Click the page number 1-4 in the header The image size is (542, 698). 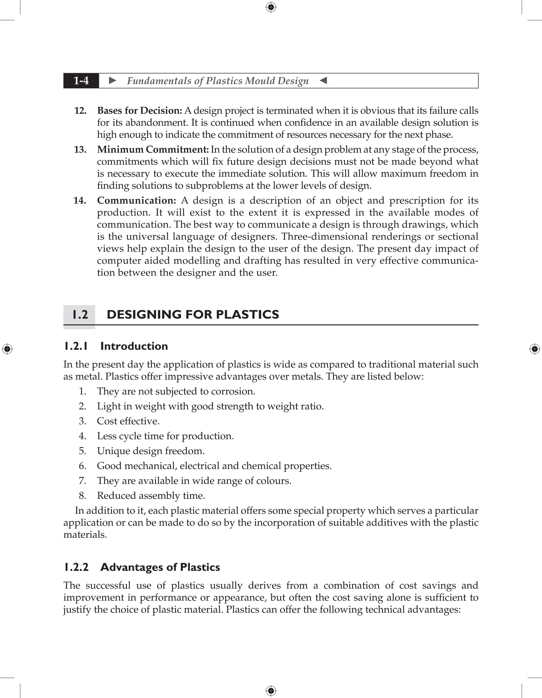tap(81, 80)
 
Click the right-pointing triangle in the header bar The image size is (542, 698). tap(112, 80)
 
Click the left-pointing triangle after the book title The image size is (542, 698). tap(323, 80)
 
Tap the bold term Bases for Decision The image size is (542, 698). tap(139, 111)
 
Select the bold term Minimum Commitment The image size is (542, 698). tap(153, 150)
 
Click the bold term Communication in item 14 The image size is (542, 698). tap(136, 200)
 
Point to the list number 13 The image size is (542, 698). tap(80, 150)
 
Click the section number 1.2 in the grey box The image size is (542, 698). tap(80, 315)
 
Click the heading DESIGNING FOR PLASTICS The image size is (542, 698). tap(193, 315)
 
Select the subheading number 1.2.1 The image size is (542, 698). tap(76, 346)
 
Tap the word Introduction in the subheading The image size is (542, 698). tap(134, 346)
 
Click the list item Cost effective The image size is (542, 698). tap(128, 421)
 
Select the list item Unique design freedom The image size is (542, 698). tap(151, 451)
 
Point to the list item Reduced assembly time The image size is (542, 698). tap(151, 496)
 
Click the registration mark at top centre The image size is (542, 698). tap(271, 7)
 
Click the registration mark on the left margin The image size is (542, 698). tap(7, 349)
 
